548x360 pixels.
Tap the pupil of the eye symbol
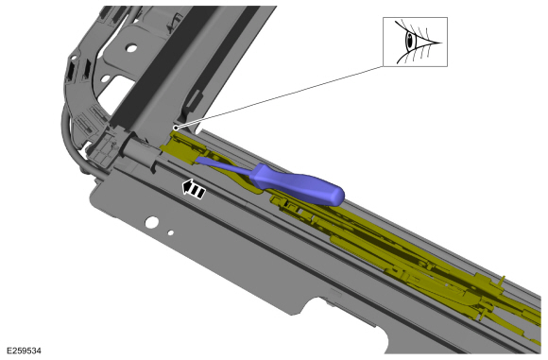pyautogui.click(x=410, y=41)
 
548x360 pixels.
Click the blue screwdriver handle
pyautogui.click(x=297, y=184)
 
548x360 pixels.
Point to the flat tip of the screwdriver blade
pyautogui.click(x=197, y=160)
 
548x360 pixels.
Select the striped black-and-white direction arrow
pyautogui.click(x=194, y=189)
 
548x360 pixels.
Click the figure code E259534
pyautogui.click(x=24, y=351)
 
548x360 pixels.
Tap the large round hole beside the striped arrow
pyautogui.click(x=152, y=222)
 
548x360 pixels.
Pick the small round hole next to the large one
pyautogui.click(x=171, y=232)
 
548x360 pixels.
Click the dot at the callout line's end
pyautogui.click(x=176, y=128)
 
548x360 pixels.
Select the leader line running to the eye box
pyautogui.click(x=280, y=96)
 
